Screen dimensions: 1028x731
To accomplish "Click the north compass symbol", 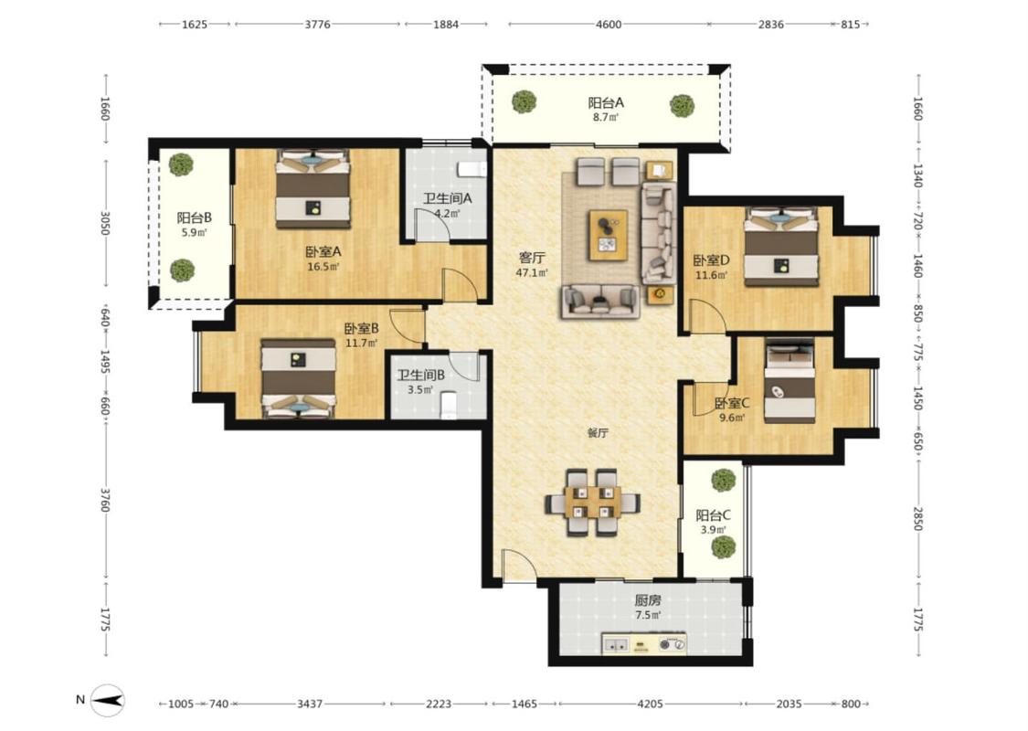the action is tap(107, 700).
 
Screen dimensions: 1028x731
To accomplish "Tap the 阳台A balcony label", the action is tap(605, 103).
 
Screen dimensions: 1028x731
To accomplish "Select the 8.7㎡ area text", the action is tap(605, 118).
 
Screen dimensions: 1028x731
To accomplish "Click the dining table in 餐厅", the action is tap(593, 503).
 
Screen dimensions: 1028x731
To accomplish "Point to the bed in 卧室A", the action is tap(313, 189).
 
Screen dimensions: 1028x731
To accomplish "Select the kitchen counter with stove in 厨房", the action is tap(644, 644).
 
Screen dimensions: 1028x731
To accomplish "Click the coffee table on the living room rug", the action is tap(609, 235).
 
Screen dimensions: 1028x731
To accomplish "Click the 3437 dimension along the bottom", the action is tap(310, 704).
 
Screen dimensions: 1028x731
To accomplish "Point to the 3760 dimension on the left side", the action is tap(105, 500).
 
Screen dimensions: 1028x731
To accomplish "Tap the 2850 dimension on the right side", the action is tap(917, 519).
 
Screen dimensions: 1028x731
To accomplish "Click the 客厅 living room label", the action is tap(532, 258).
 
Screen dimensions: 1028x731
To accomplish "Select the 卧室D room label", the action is tap(712, 260).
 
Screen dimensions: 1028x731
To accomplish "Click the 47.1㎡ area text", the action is tap(532, 272).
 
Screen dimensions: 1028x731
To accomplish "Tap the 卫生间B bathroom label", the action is tap(421, 375).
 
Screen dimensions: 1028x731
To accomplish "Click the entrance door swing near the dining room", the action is tap(519, 565).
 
